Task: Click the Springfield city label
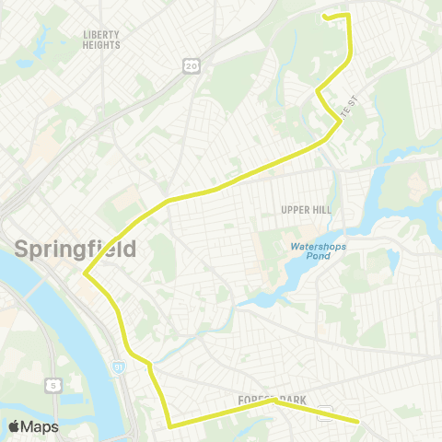pos(76,248)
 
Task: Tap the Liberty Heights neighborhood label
pos(101,39)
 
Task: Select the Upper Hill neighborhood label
pos(306,210)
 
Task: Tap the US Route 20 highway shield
pos(191,65)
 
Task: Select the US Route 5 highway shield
pos(55,384)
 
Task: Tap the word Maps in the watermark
pos(41,427)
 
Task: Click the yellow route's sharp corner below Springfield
pos(85,273)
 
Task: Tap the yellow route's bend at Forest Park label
pos(273,401)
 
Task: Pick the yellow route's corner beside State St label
pos(317,91)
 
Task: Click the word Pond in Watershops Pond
pos(315,258)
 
